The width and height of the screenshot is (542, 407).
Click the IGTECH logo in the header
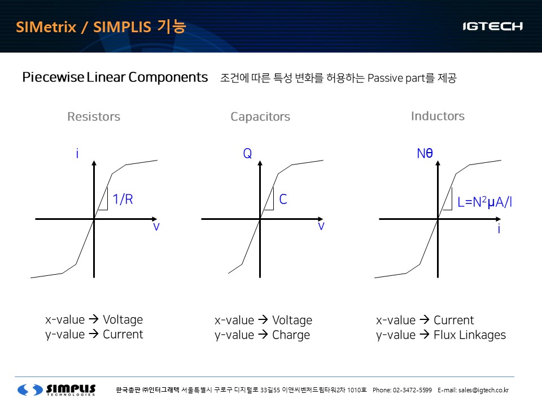point(492,27)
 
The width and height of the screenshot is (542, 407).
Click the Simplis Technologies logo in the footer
point(56,389)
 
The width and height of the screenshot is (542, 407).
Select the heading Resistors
point(94,116)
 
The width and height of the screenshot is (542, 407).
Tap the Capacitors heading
point(260,117)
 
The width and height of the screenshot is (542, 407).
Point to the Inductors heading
point(438,116)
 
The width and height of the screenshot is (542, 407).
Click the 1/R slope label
point(123,200)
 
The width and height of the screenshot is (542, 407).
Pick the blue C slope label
point(283,200)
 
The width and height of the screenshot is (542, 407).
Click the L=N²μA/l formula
point(484,202)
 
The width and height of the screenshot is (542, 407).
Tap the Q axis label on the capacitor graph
point(247,153)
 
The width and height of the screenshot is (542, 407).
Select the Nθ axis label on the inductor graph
point(425,153)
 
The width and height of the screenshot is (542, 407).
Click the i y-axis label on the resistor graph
point(77,153)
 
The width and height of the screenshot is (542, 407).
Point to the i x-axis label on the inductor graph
point(499,228)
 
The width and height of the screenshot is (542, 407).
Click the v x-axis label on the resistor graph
point(156,227)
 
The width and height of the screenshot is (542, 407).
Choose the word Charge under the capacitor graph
point(291,335)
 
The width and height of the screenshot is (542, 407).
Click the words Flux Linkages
point(470,335)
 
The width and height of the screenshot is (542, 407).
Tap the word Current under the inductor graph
point(454,320)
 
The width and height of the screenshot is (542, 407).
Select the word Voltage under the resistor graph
point(123,320)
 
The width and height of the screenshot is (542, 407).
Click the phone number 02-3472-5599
point(412,390)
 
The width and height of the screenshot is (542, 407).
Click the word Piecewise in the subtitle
point(53,77)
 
